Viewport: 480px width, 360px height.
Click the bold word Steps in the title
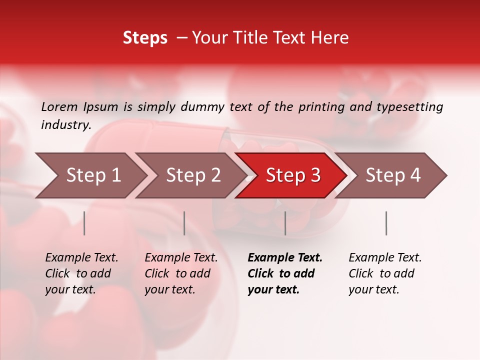[145, 38]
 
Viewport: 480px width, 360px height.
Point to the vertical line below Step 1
[84, 223]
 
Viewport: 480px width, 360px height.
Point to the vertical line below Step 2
[184, 223]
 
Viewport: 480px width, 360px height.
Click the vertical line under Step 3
[285, 223]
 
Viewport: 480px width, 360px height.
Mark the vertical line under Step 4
[386, 223]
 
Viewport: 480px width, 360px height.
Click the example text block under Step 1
[81, 273]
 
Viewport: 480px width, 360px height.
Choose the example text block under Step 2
[181, 273]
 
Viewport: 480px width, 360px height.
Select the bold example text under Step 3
[284, 273]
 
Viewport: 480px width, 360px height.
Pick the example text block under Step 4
[385, 273]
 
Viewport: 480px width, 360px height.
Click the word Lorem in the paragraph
[59, 107]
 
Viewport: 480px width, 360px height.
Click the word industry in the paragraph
[65, 125]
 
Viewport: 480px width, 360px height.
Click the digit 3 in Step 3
[315, 175]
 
